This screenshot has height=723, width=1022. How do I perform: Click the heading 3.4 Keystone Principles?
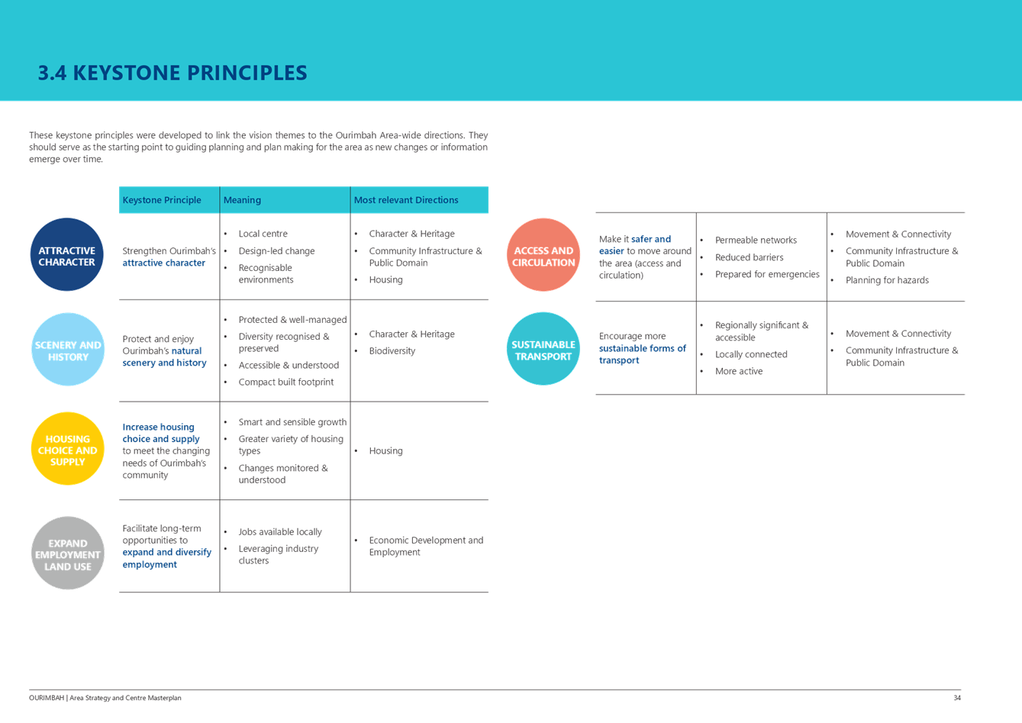pyautogui.click(x=172, y=73)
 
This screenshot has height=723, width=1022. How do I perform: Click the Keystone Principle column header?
pyautogui.click(x=162, y=200)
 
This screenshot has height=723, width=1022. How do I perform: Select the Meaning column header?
pyautogui.click(x=242, y=200)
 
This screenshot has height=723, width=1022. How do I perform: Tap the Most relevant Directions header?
pyautogui.click(x=406, y=200)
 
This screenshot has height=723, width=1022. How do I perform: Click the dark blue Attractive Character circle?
pyautogui.click(x=67, y=255)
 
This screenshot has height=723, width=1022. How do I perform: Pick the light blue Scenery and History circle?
pyautogui.click(x=67, y=350)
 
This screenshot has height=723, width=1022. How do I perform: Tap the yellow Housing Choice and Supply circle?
pyautogui.click(x=67, y=449)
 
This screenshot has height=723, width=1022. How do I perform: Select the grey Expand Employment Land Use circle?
pyautogui.click(x=67, y=554)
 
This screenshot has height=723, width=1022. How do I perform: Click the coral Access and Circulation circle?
pyautogui.click(x=543, y=255)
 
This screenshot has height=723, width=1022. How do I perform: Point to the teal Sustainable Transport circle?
pyautogui.click(x=543, y=350)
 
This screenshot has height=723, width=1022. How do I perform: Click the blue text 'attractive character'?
pyautogui.click(x=164, y=263)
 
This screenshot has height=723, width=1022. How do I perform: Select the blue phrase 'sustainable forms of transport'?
pyautogui.click(x=642, y=354)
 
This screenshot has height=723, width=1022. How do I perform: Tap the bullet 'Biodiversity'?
pyautogui.click(x=392, y=351)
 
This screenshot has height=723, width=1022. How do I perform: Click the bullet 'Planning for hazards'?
pyautogui.click(x=887, y=280)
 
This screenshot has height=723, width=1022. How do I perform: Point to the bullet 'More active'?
pyautogui.click(x=739, y=371)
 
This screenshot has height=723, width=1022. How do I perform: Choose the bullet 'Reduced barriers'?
pyautogui.click(x=749, y=257)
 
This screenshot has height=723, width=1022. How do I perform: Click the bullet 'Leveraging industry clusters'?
pyautogui.click(x=278, y=554)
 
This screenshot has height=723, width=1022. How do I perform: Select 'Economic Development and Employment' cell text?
pyautogui.click(x=426, y=546)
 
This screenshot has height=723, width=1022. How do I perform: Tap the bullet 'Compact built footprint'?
pyautogui.click(x=285, y=382)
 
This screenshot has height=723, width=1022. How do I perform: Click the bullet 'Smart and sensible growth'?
pyautogui.click(x=292, y=422)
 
